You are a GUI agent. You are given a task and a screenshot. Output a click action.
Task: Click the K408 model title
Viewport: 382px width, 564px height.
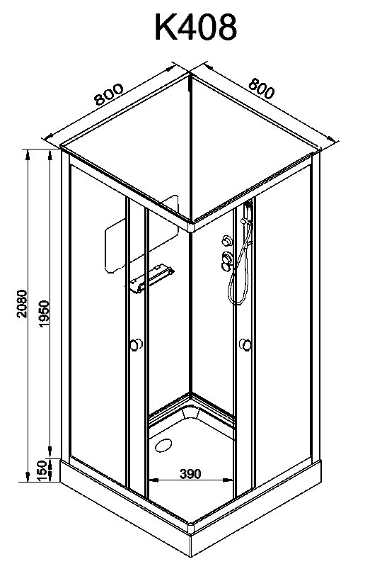coord(196,27)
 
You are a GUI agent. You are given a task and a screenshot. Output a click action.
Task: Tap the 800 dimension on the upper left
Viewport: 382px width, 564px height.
coord(108,94)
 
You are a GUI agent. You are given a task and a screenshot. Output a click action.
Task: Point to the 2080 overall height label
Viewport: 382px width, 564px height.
coord(22,303)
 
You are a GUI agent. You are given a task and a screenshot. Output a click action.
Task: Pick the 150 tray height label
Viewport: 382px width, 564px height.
coord(42,470)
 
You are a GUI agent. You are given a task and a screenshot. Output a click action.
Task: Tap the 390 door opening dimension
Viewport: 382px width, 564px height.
coord(190,474)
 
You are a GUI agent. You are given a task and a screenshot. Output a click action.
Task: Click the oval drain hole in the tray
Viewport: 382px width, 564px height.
coord(163,445)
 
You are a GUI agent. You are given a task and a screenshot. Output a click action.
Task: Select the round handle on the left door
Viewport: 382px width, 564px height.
coord(135,344)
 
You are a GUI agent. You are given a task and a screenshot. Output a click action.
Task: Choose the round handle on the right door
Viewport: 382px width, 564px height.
coord(245,344)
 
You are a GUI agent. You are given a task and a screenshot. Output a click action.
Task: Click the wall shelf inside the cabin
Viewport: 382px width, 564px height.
coord(152,278)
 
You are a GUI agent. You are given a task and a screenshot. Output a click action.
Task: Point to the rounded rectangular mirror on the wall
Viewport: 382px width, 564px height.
coord(141,234)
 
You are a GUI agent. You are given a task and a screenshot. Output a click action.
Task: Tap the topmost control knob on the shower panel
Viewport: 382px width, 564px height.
coord(227,240)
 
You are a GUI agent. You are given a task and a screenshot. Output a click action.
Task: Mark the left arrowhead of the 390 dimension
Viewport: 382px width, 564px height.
coord(152,479)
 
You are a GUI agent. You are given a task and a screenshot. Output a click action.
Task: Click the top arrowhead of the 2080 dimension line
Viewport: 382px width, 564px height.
coord(27,154)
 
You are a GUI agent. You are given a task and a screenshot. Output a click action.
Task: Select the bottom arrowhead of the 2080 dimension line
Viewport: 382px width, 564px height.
coord(27,478)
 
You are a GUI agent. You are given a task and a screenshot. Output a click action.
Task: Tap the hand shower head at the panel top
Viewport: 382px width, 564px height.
coord(248,208)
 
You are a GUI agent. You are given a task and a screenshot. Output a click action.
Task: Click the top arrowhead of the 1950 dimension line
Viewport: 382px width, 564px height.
coord(50,154)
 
